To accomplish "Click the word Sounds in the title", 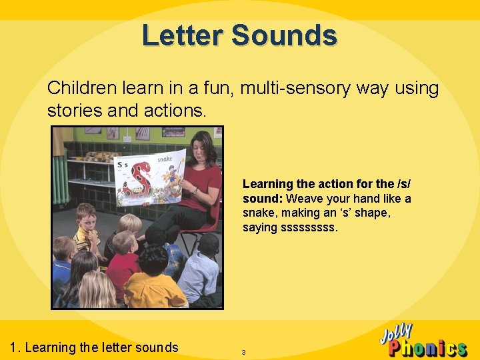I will [284, 35].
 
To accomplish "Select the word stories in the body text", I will [74, 110].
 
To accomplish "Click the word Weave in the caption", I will [303, 199].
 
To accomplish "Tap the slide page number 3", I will [244, 351].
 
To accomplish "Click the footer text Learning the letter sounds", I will [101, 347].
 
